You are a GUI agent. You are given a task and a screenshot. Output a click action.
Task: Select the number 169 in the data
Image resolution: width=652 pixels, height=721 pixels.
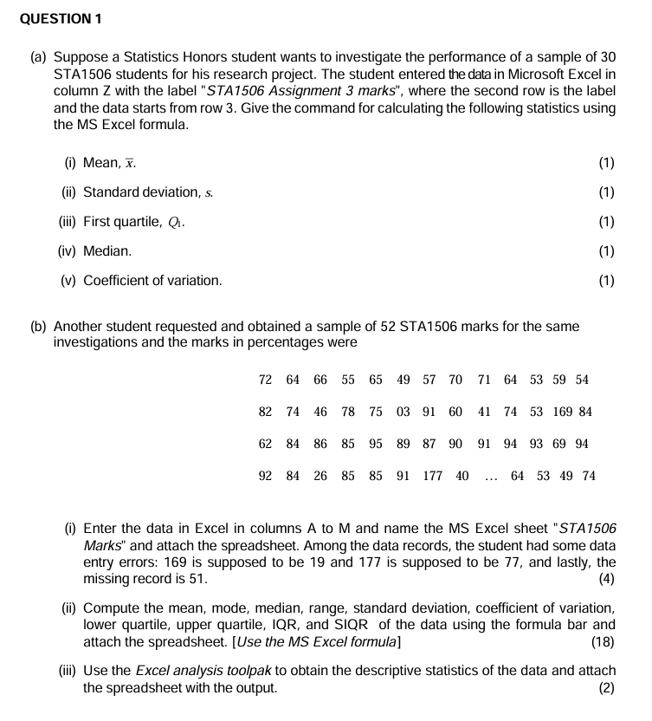[x=563, y=412]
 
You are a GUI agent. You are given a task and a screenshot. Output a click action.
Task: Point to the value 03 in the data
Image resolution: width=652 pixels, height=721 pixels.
[x=403, y=412]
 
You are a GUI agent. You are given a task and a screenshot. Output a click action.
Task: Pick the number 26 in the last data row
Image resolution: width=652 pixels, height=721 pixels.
[x=320, y=476]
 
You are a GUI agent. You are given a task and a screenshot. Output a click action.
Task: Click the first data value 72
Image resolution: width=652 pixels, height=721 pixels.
[x=266, y=380]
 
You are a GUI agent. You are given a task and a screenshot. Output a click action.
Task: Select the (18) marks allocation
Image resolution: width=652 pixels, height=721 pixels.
[x=602, y=641]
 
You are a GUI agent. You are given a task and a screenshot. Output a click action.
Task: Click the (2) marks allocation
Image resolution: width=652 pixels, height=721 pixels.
[x=606, y=688]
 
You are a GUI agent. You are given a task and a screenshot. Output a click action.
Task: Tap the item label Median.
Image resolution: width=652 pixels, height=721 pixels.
[x=107, y=251]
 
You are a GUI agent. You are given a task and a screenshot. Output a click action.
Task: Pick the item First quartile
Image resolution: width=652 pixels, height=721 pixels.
[x=122, y=221]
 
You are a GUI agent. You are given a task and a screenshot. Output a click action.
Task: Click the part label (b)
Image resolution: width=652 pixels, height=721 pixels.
[x=39, y=327]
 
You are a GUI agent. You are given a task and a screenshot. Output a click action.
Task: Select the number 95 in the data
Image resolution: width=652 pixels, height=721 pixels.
[x=376, y=444]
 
